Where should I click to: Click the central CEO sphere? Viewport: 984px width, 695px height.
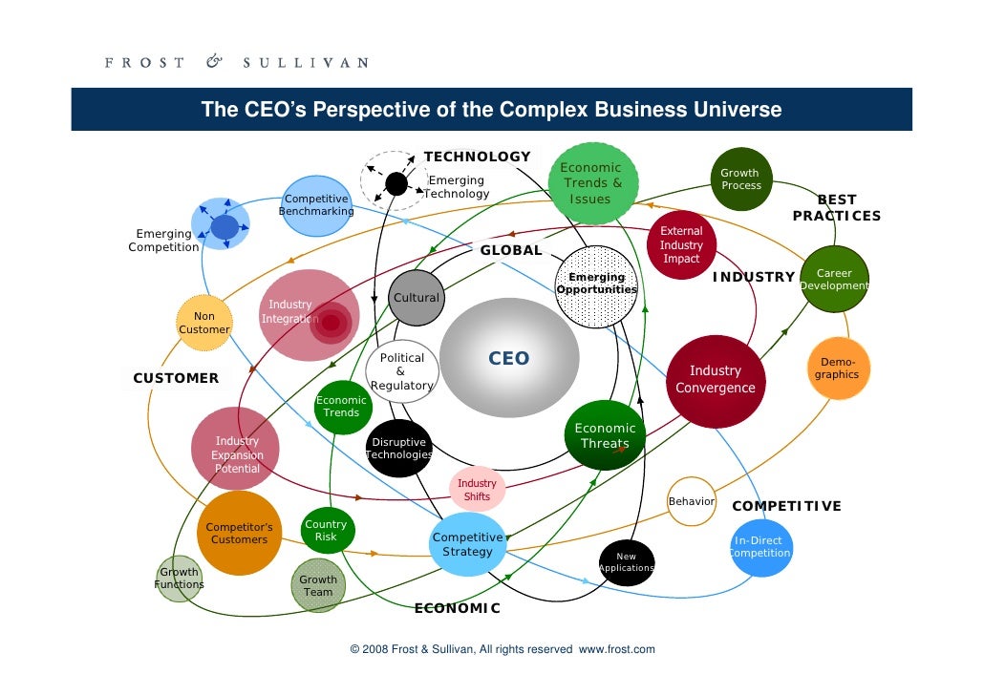coord(509,358)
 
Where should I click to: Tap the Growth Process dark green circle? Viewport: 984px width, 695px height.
coord(741,179)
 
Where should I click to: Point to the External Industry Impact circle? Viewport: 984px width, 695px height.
coord(681,244)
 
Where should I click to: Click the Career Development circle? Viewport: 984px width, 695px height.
coord(834,279)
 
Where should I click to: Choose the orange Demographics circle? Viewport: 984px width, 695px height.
coord(837,369)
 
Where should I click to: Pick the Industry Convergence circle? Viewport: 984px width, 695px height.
coord(716,379)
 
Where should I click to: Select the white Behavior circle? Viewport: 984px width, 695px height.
coord(692,501)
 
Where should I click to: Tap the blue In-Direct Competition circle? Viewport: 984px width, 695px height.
coord(761,547)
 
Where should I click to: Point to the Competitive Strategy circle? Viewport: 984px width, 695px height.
coord(468,544)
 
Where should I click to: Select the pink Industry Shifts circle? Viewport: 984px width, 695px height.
coord(477,490)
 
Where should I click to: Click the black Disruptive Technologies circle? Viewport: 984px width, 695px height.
coord(399,449)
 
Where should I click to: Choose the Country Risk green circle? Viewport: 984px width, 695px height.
coord(326,531)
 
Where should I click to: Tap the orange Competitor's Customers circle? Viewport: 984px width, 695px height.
coord(239,533)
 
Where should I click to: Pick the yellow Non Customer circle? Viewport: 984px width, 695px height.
coord(204,323)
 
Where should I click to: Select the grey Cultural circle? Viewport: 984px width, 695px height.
coord(416,297)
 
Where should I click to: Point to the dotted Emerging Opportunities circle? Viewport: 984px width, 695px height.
coord(596,284)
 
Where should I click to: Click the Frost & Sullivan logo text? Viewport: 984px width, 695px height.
coord(235,63)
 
